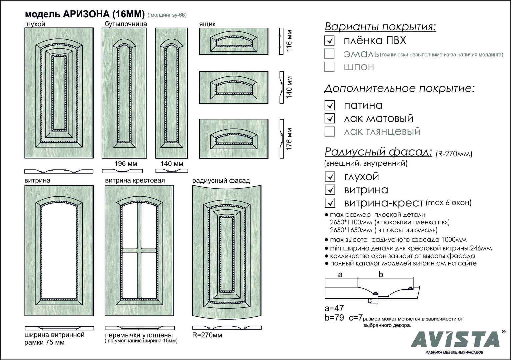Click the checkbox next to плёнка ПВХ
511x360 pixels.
329,41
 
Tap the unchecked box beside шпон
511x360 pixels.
329,67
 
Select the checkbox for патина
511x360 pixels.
329,105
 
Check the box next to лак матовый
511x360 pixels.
329,118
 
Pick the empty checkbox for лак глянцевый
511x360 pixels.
329,131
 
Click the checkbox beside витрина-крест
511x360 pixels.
330,203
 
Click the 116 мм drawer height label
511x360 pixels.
289,41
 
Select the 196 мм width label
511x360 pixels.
126,164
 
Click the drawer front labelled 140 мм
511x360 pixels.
234,87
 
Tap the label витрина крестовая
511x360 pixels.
135,180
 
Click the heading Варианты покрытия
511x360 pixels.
380,27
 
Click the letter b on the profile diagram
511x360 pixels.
381,275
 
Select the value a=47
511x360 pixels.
334,308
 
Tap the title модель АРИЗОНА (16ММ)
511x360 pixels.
85,14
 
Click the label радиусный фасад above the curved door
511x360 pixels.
221,181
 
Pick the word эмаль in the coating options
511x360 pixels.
361,54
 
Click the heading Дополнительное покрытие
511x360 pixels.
399,88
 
